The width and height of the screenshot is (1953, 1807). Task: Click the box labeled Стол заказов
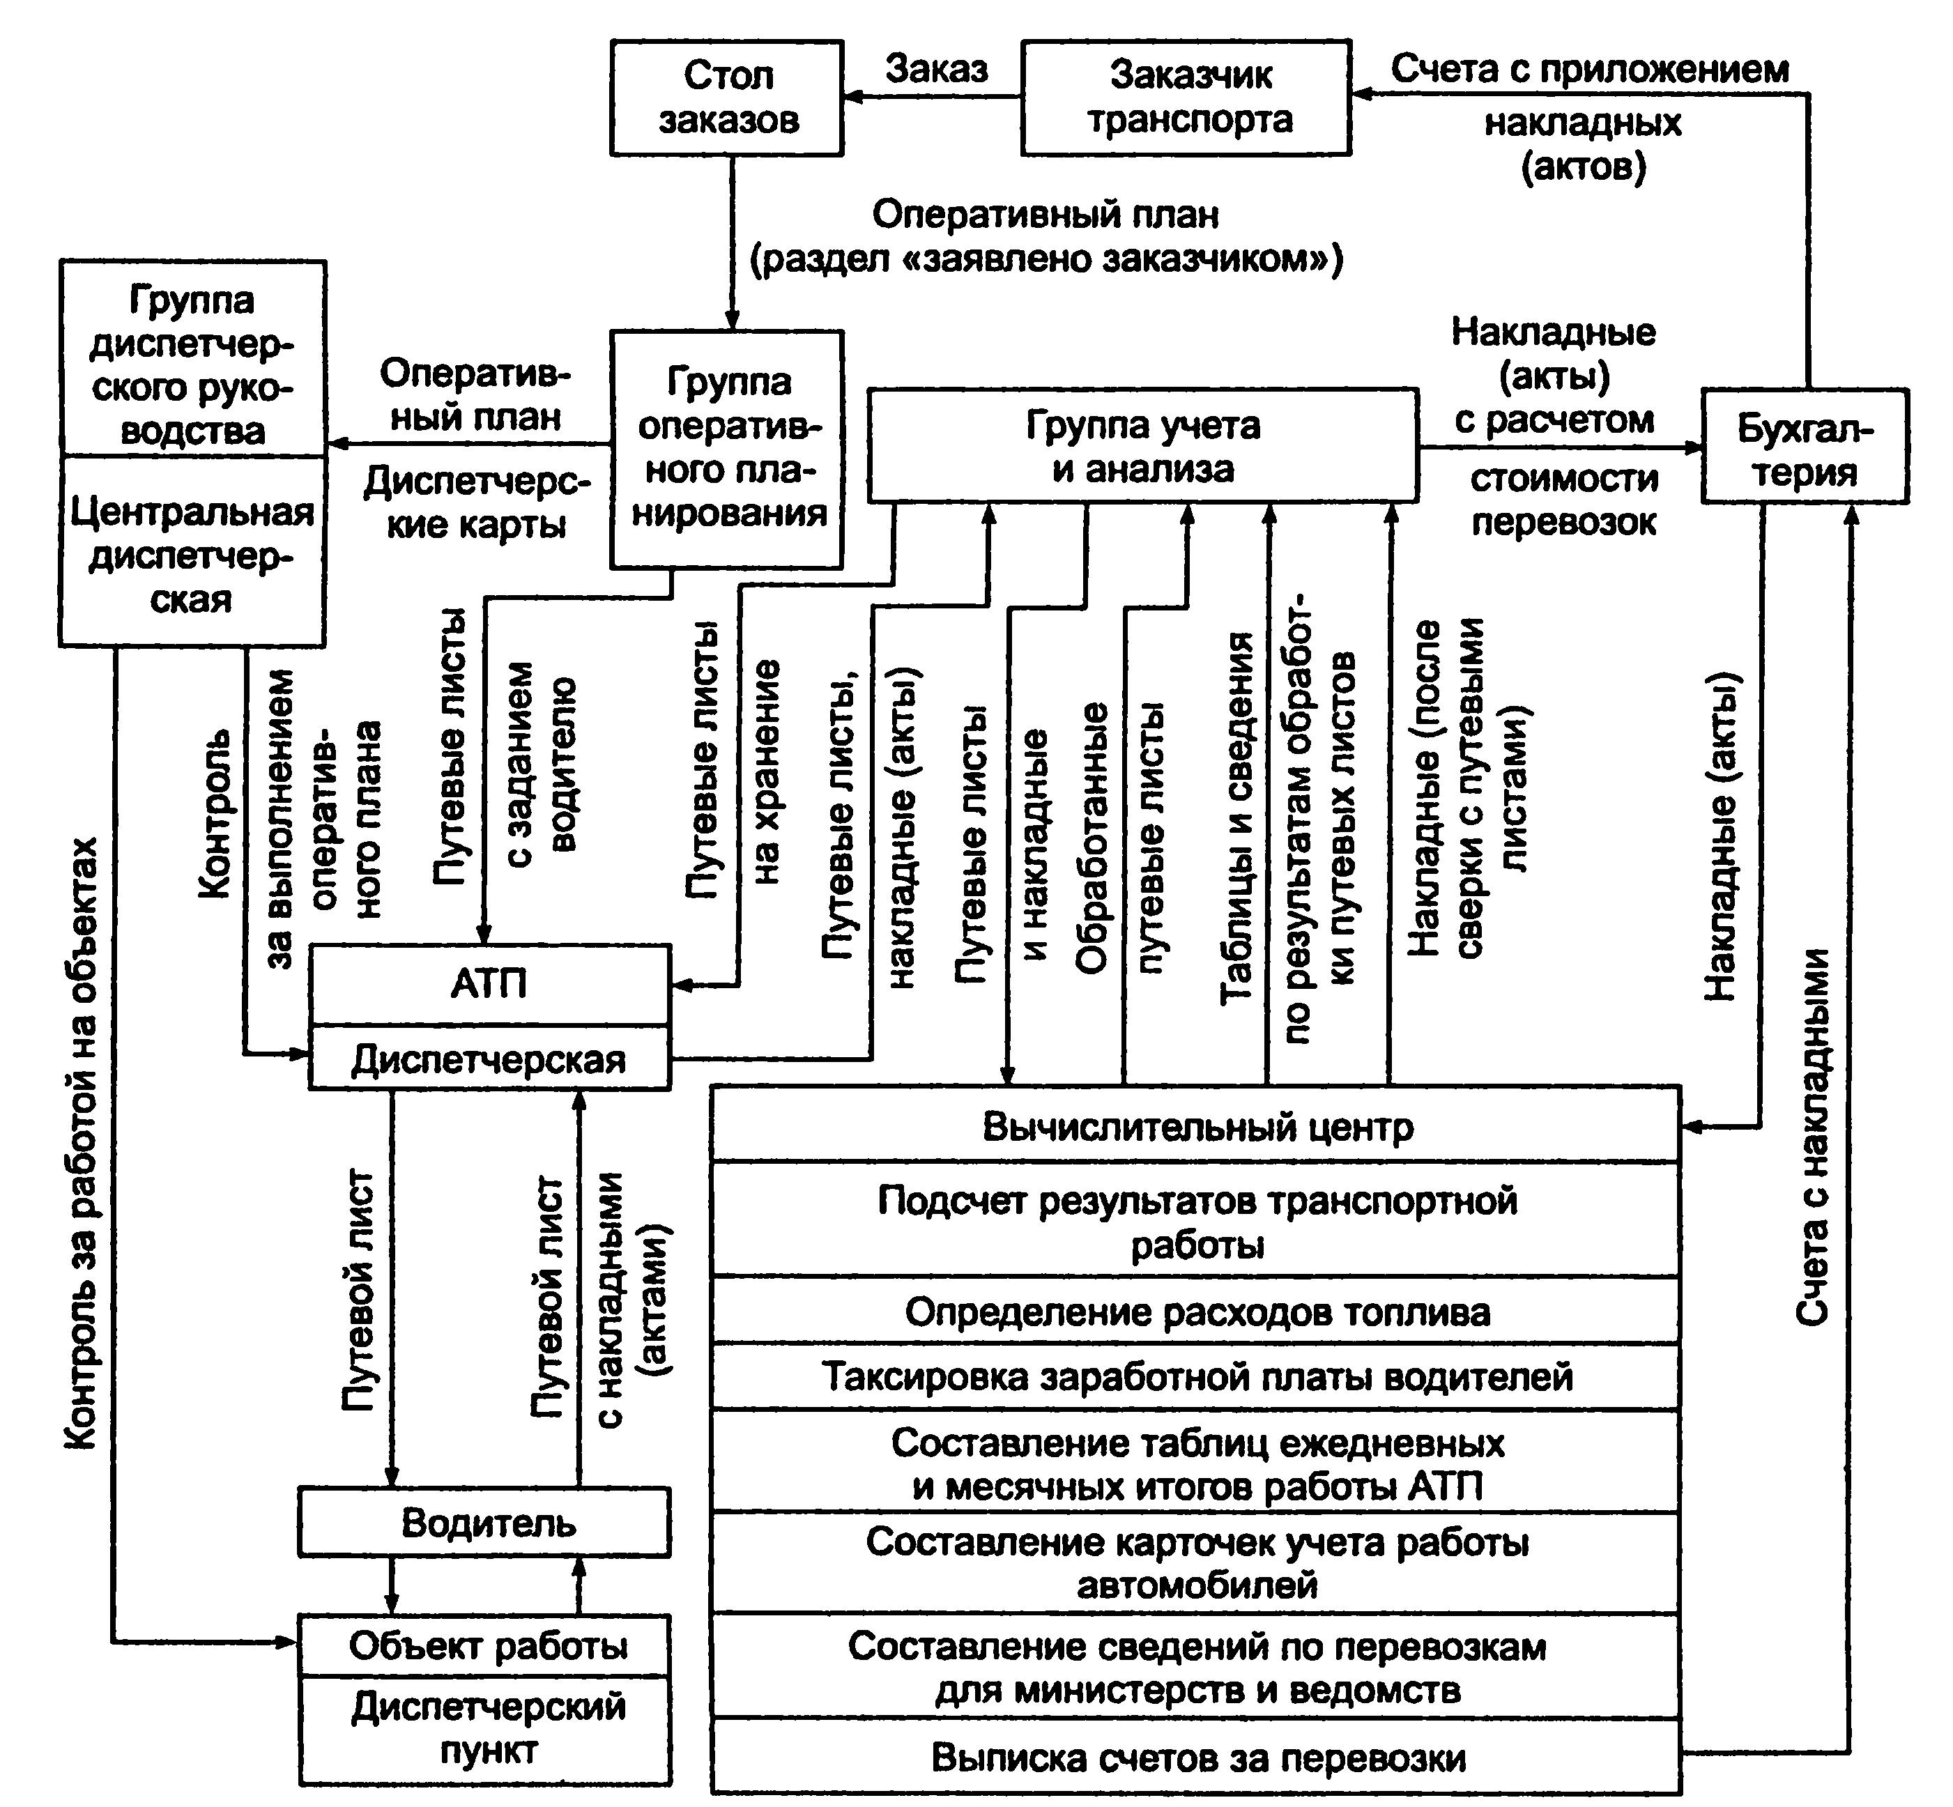(x=727, y=98)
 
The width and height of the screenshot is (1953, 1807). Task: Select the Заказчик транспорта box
(x=1186, y=98)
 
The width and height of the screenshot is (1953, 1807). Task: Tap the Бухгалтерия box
(x=1805, y=446)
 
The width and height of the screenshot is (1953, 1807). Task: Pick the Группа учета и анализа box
(x=1143, y=446)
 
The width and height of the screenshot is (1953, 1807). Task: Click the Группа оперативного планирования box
(x=727, y=449)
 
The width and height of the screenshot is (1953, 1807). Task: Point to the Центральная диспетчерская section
(x=192, y=551)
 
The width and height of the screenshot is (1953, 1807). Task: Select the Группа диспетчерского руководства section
(x=192, y=358)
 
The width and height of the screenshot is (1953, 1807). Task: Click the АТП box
(x=490, y=985)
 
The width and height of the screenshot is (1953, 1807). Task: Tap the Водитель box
(x=485, y=1523)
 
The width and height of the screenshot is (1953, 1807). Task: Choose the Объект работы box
(x=485, y=1645)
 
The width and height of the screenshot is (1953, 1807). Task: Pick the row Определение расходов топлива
(x=1196, y=1312)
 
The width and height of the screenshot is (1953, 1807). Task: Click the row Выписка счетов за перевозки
(x=1196, y=1757)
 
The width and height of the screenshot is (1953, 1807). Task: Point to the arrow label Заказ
(x=936, y=68)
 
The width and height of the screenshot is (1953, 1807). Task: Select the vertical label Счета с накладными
(x=1812, y=1136)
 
